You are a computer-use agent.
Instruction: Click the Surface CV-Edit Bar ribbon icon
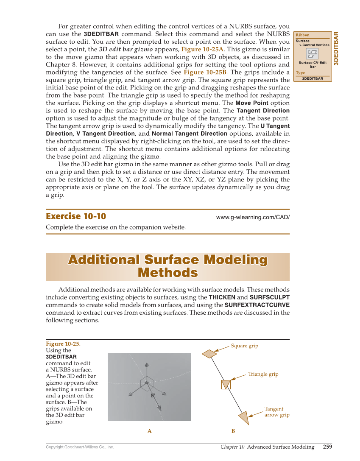[x=313, y=54]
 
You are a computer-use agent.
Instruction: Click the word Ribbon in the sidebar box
[x=302, y=35]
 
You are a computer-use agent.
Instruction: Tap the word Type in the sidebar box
[x=300, y=73]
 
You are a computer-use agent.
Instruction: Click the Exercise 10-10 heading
[x=76, y=216]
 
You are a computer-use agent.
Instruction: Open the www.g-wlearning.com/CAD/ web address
[x=253, y=217]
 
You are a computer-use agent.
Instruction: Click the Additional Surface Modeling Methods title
[x=168, y=266]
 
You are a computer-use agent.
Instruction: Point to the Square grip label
[x=244, y=346]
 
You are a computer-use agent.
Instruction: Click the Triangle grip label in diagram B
[x=263, y=374]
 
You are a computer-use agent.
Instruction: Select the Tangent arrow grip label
[x=276, y=412]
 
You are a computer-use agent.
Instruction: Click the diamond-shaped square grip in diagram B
[x=209, y=353]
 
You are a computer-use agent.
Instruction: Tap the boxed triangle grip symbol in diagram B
[x=226, y=384]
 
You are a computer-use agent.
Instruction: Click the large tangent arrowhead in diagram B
[x=243, y=416]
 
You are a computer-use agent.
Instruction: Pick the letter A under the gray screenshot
[x=149, y=431]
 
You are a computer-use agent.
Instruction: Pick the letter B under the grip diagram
[x=233, y=431]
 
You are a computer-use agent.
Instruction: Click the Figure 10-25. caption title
[x=63, y=344]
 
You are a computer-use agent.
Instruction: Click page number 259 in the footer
[x=327, y=447]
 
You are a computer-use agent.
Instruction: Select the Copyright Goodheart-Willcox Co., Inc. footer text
[x=80, y=447]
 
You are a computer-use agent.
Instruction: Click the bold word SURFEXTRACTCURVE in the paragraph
[x=257, y=305]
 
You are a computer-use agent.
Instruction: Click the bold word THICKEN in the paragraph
[x=222, y=297]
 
